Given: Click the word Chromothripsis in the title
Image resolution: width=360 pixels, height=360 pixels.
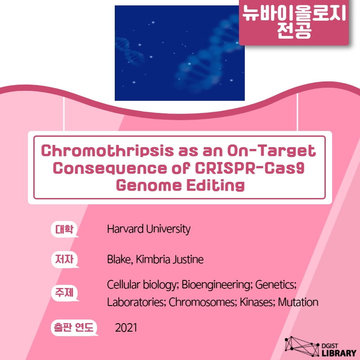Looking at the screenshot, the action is (108, 151).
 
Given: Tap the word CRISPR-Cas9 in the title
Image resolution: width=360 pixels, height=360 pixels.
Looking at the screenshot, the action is (250, 168).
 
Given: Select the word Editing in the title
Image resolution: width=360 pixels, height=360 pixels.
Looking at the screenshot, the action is (216, 185).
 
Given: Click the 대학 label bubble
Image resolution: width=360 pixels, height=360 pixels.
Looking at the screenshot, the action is (64, 229).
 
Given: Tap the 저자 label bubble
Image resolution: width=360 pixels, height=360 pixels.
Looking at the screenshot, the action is (65, 260).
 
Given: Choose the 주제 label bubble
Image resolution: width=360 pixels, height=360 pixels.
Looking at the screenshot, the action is (65, 293).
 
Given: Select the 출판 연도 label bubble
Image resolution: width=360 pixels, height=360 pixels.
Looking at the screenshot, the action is (74, 328).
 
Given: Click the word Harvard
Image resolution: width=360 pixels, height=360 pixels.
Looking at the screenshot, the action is (126, 229).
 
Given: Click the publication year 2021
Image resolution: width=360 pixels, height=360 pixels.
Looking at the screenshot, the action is (126, 328).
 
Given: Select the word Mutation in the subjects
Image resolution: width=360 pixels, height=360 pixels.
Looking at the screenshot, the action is (298, 302).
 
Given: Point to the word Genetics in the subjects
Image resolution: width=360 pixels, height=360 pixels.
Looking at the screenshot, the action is (276, 285).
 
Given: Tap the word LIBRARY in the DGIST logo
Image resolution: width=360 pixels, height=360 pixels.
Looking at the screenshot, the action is (339, 353).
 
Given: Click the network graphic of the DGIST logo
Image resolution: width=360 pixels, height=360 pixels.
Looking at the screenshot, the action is (301, 346).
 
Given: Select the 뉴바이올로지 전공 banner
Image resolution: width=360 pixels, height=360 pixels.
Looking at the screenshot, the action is (294, 22).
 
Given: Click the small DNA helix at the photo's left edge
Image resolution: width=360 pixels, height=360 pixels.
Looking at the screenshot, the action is (130, 51).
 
